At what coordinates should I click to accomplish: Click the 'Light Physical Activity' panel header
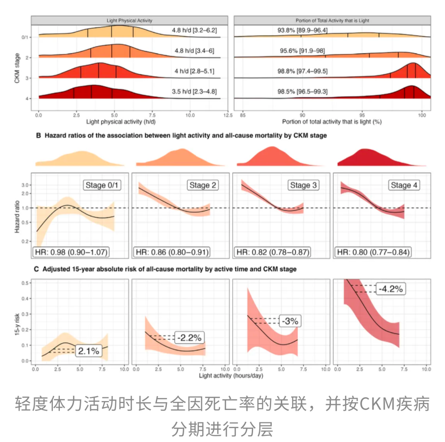[129, 21]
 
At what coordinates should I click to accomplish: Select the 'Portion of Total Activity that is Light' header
[332, 21]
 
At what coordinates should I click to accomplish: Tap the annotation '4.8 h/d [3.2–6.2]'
[194, 31]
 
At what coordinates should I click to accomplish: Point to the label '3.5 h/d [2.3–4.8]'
[194, 92]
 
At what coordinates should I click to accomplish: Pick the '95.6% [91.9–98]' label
[302, 51]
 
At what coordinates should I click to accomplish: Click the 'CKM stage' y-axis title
[17, 68]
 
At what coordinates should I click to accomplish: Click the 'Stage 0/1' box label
[101, 185]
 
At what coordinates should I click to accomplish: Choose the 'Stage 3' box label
[303, 185]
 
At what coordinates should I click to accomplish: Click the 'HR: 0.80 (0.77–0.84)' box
[374, 252]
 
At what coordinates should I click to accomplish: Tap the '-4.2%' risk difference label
[390, 288]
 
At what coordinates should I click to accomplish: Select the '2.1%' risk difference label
[88, 351]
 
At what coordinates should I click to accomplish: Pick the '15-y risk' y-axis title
[17, 320]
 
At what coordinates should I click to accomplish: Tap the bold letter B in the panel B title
[38, 136]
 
